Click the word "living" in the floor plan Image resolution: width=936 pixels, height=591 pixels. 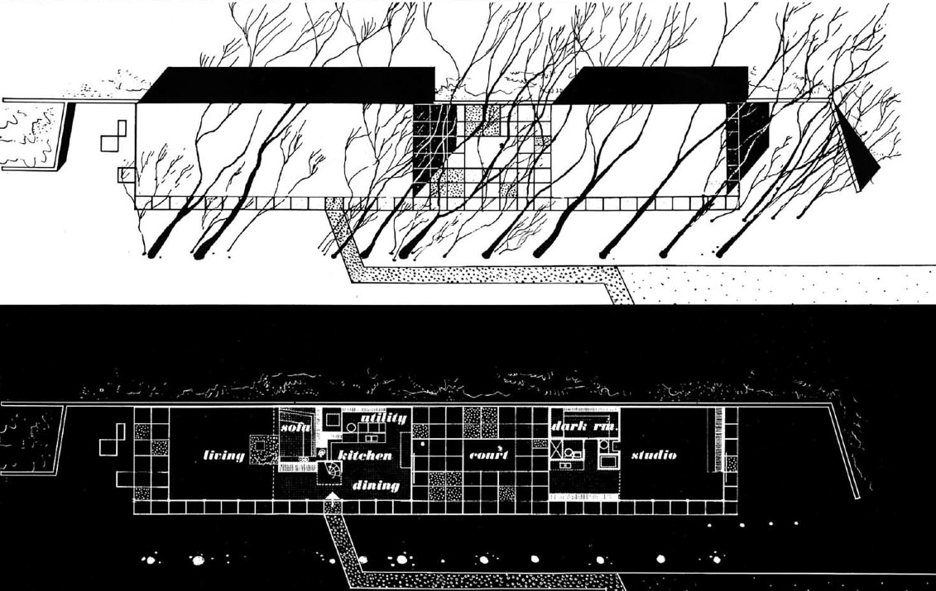pos(224,455)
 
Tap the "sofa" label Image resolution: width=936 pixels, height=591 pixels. pos(295,427)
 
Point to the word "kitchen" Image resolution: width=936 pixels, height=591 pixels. pos(365,455)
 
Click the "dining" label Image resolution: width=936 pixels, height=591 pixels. pos(377,485)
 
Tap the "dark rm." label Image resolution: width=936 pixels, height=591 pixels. pos(585,427)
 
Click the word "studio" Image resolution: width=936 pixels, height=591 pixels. pos(654,455)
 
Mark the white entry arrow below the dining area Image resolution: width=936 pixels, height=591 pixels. pos(332,497)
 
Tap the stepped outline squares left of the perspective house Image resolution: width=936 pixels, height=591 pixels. pos(114,136)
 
